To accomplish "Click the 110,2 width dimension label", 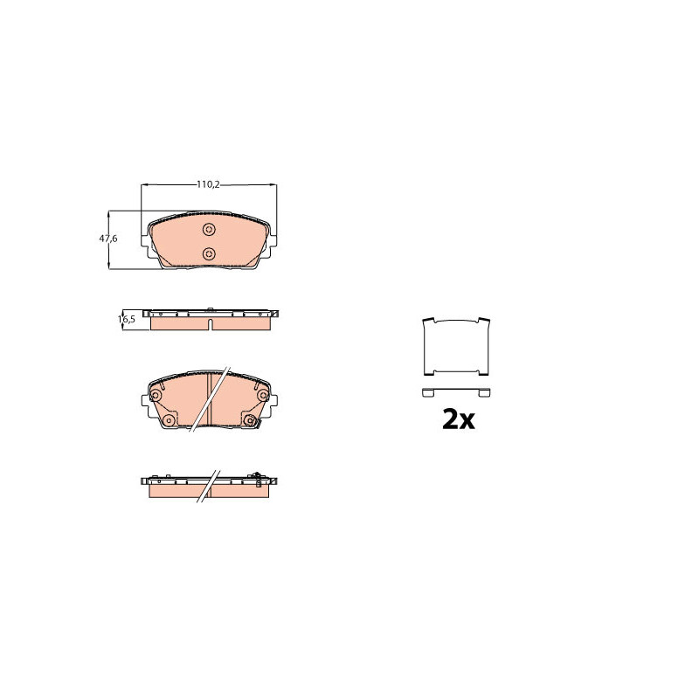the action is [x=209, y=184].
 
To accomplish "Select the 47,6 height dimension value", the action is [x=108, y=239].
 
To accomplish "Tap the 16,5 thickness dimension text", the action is [x=127, y=319].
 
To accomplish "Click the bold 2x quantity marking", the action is [x=458, y=419].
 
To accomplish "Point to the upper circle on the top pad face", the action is [x=209, y=230].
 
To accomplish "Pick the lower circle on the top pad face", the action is [x=209, y=254].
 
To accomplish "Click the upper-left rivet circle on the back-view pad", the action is [x=156, y=395].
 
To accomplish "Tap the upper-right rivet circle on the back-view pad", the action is [x=263, y=395].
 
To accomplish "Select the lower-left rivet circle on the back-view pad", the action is [x=169, y=420].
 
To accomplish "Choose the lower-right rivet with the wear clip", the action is [x=250, y=420].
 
